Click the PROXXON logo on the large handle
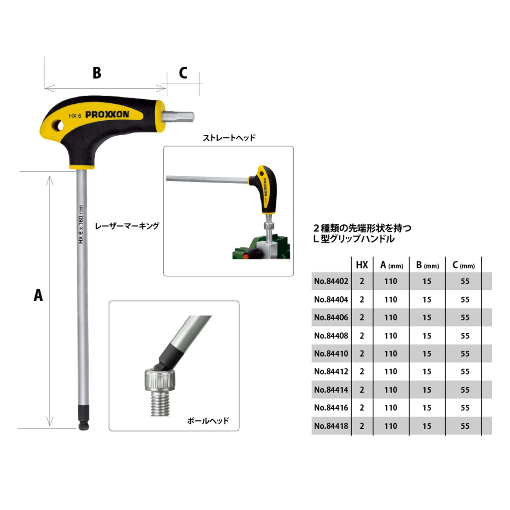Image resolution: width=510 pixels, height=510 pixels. click(107, 115)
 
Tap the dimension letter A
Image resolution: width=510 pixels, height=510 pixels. click(38, 295)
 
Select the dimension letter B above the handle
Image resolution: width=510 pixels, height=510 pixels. click(97, 73)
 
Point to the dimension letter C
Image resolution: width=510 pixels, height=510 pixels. click(183, 73)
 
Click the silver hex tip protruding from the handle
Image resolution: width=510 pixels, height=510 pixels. click(178, 116)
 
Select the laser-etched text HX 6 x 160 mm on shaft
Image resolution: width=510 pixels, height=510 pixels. click(81, 224)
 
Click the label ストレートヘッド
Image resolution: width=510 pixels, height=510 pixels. click(229, 138)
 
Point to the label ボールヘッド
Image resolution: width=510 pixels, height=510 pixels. click(208, 421)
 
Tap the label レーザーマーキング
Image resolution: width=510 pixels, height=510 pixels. click(127, 226)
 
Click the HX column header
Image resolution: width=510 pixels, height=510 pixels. click(362, 265)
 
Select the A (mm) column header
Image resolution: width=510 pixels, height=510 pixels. click(391, 265)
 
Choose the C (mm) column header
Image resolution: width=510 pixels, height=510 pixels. click(463, 265)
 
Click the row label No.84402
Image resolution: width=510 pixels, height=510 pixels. click(331, 281)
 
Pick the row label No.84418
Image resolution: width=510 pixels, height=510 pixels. click(331, 426)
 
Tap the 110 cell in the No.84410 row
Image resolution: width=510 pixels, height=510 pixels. click(391, 354)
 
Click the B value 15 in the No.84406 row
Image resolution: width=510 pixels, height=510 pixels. click(427, 318)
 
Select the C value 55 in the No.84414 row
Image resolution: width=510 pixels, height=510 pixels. click(465, 390)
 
